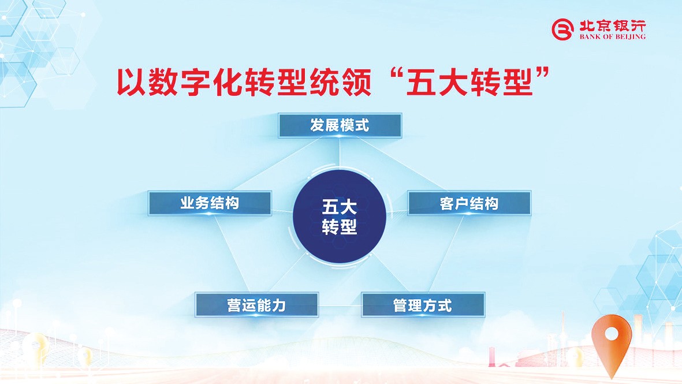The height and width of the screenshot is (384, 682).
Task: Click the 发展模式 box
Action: (x=340, y=125)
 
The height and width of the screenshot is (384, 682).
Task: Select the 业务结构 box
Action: (x=210, y=203)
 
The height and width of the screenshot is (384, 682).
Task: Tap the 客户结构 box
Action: (x=469, y=203)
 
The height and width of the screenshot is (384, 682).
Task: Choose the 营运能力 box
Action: (x=256, y=305)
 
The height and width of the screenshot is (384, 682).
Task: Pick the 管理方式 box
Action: (x=423, y=305)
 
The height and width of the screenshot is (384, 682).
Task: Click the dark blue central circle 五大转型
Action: (x=340, y=217)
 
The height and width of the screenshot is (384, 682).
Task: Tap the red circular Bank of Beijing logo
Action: (x=563, y=29)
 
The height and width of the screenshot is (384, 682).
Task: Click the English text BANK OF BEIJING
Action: (x=612, y=37)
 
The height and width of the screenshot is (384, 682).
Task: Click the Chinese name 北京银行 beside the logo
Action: (x=612, y=25)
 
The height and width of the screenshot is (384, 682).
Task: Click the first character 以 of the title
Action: (x=132, y=81)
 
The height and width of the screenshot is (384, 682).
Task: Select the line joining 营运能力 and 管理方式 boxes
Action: (x=340, y=305)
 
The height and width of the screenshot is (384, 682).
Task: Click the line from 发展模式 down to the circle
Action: (x=340, y=154)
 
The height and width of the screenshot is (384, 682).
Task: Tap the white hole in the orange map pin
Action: (x=612, y=334)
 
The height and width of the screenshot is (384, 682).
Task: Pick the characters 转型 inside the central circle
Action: (x=340, y=226)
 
